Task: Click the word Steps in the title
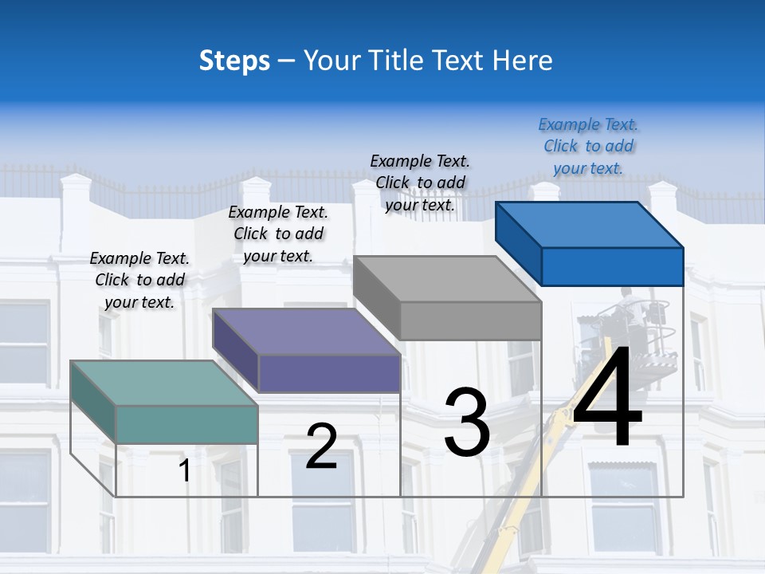(234, 61)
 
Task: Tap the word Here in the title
(522, 61)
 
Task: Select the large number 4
(607, 396)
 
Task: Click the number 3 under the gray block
(466, 422)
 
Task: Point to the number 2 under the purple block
(321, 446)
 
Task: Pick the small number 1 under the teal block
(185, 470)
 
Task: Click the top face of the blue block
(588, 225)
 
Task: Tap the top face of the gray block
(446, 279)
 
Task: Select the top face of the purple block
(305, 332)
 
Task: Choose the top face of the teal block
(163, 383)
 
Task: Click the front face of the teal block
(186, 424)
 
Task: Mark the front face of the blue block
(612, 266)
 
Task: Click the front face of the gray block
(470, 320)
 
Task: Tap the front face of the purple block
(328, 373)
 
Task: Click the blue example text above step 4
(588, 146)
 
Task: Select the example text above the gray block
(420, 183)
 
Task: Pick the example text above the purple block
(278, 234)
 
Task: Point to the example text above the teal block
(139, 280)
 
